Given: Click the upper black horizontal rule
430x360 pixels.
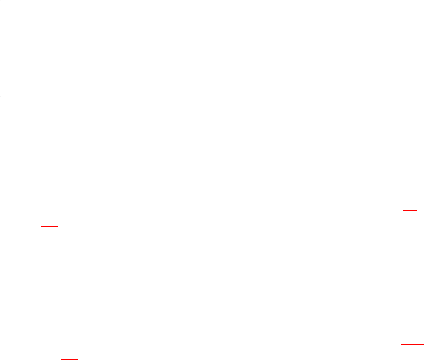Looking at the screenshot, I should click(x=215, y=1).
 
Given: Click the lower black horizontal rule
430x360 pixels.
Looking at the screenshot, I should click(x=215, y=96).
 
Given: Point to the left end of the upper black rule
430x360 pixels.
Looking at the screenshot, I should click(x=0, y=1).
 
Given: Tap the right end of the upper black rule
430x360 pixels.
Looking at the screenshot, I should click(x=429, y=1).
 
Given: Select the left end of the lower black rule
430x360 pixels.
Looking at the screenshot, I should click(x=0, y=96).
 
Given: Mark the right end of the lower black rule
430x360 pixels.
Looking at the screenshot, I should click(x=429, y=96).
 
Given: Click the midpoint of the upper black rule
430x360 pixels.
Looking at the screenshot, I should click(x=215, y=1).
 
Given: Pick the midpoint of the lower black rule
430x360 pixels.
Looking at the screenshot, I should click(x=215, y=96).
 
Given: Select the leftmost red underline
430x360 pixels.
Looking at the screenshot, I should click(x=50, y=226).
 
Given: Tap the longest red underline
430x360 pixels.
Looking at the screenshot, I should click(x=412, y=344).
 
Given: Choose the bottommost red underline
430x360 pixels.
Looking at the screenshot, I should click(x=69, y=359).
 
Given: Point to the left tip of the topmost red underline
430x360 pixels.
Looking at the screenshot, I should click(x=402, y=208).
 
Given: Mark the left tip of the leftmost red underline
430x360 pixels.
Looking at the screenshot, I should click(x=41, y=226).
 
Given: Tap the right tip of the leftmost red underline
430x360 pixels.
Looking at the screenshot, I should click(x=58, y=226).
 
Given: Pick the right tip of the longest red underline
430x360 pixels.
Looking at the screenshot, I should click(x=423, y=344).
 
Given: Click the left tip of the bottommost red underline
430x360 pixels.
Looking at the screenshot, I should click(x=61, y=359).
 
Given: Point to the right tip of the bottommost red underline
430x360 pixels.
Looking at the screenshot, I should click(x=78, y=359).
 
